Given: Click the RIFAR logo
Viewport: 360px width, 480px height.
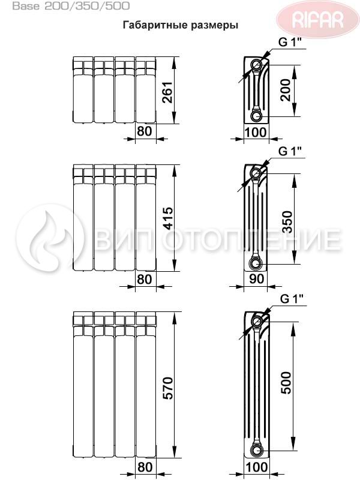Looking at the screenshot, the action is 317,19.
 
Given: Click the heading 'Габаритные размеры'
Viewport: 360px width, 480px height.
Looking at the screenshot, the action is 181,25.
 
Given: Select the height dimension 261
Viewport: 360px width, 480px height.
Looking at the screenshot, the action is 168,92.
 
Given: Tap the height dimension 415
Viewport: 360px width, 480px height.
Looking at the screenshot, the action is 168,218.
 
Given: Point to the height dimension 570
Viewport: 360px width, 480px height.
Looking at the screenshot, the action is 168,388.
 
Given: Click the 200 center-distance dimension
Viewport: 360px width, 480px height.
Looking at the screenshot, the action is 285,90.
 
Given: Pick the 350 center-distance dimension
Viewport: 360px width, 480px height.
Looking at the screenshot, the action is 287,222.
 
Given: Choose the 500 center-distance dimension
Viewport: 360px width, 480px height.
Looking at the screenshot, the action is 286,383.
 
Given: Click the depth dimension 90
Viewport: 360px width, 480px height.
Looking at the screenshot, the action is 256,278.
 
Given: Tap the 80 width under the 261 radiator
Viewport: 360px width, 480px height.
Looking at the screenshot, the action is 145,131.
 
